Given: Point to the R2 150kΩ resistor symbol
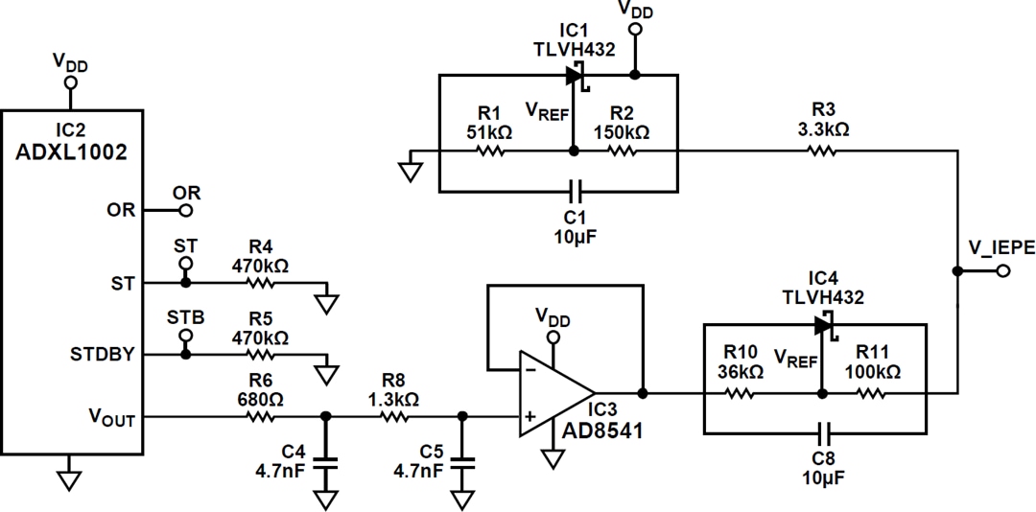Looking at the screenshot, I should [x=623, y=151].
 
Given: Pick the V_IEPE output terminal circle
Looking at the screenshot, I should [x=1002, y=271].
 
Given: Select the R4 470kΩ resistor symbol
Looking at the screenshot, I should [x=261, y=283].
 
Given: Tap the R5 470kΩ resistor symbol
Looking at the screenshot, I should [x=261, y=354].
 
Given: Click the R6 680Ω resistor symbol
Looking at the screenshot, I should [x=261, y=416].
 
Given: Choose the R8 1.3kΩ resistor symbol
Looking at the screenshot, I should [x=395, y=416].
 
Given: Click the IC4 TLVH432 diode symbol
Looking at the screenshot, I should [x=823, y=325].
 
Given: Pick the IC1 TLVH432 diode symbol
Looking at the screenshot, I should [x=576, y=74].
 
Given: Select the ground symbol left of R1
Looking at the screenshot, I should [x=411, y=171].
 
